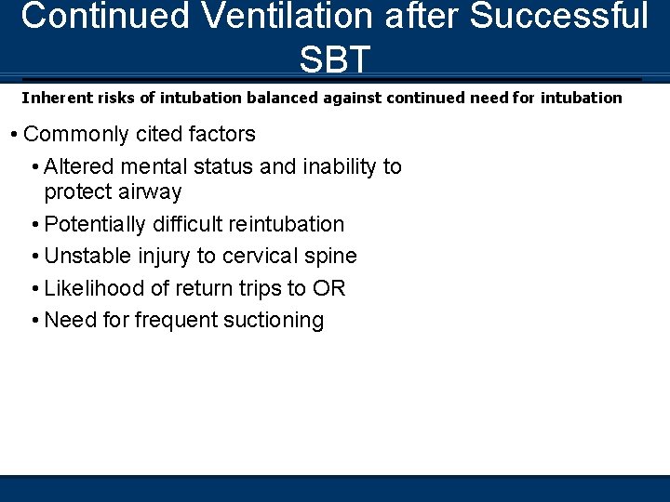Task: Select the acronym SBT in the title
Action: pyautogui.click(x=335, y=59)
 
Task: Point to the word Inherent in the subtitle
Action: pyautogui.click(x=52, y=97)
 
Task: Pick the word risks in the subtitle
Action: pyautogui.click(x=108, y=97)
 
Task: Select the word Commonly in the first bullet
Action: pyautogui.click(x=71, y=134)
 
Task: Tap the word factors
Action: pyautogui.click(x=221, y=134)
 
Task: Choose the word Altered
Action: pyautogui.click(x=79, y=166)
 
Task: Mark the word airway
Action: pyautogui.click(x=150, y=192)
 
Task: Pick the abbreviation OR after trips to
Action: pyautogui.click(x=328, y=288)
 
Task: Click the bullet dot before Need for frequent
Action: pyautogui.click(x=34, y=321)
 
